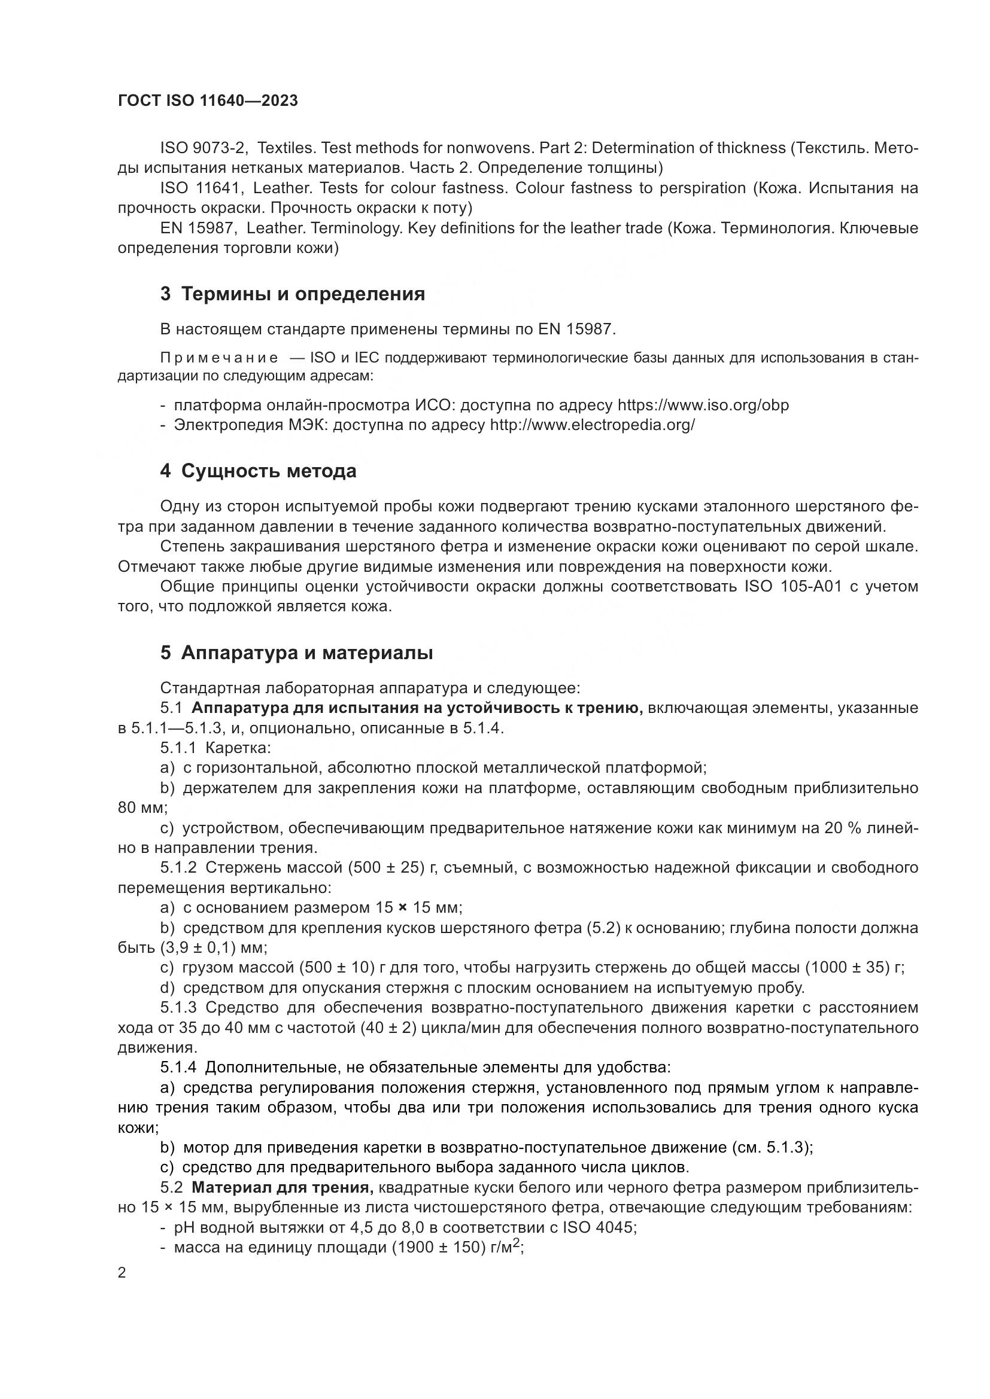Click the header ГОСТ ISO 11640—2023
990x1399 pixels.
click(x=207, y=101)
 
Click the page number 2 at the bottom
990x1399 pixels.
click(x=122, y=1273)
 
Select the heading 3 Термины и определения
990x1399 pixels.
click(x=293, y=294)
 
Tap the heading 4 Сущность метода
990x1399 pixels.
click(x=259, y=471)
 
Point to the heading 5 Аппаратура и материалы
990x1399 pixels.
click(x=297, y=653)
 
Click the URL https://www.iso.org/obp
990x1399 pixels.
click(x=703, y=405)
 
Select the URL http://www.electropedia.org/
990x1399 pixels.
click(x=592, y=425)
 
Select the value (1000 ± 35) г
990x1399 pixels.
click(x=855, y=968)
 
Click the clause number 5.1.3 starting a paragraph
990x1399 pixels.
click(x=178, y=1008)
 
